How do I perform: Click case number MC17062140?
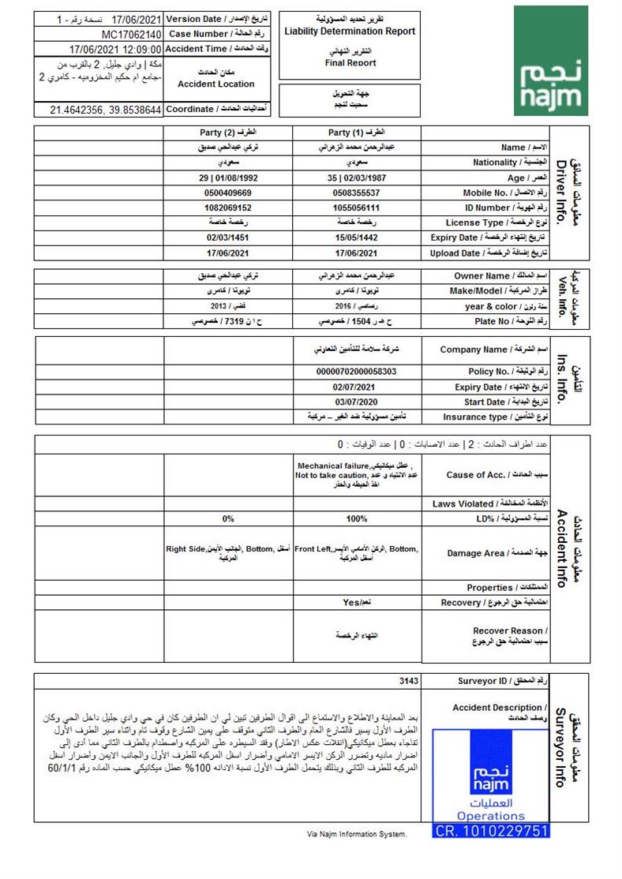[132, 35]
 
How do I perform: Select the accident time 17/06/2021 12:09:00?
[115, 49]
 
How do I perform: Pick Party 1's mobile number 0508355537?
[356, 193]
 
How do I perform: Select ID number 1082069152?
[228, 208]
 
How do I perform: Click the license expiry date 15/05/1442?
[356, 238]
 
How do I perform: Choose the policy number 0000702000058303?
[356, 371]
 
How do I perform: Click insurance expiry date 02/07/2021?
[356, 387]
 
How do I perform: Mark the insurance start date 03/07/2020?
[356, 402]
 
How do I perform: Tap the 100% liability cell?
[357, 518]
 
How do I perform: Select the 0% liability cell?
[229, 518]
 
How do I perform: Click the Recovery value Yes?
[357, 602]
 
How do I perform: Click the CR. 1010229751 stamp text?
[491, 831]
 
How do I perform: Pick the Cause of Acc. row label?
[485, 475]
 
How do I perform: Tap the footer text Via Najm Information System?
[357, 834]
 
